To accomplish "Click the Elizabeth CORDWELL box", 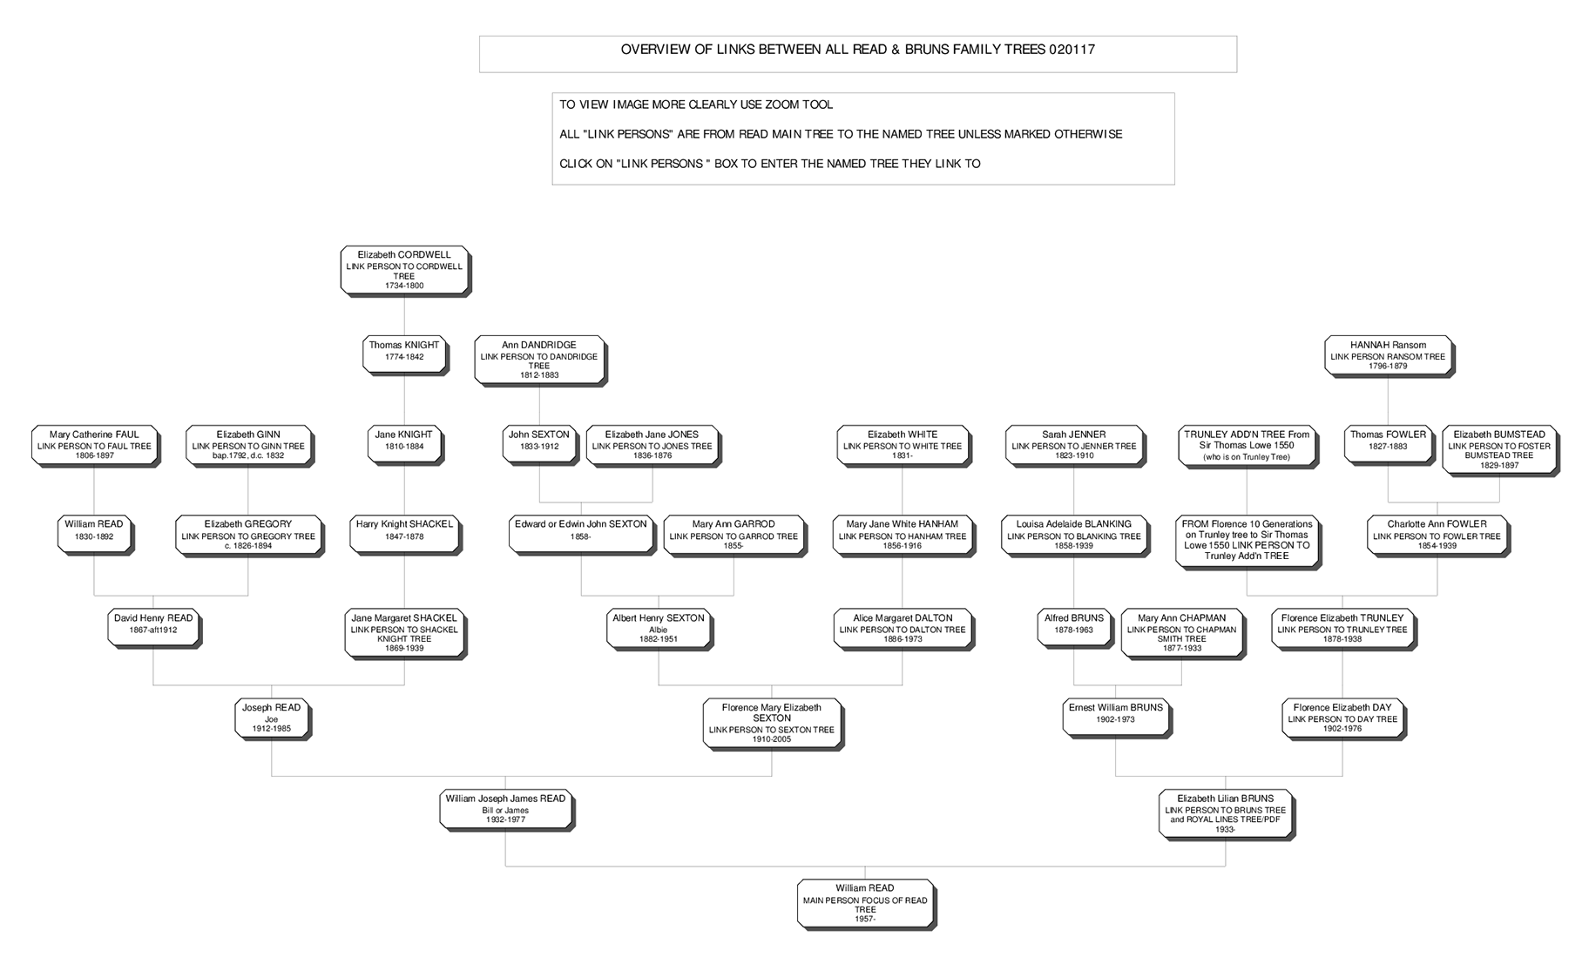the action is pyautogui.click(x=404, y=270).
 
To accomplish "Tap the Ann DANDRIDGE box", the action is pyautogui.click(x=539, y=360).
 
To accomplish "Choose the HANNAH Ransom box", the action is pyautogui.click(x=1388, y=355).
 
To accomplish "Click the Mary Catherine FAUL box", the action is pyautogui.click(x=94, y=445).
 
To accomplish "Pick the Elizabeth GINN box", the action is pyautogui.click(x=248, y=445).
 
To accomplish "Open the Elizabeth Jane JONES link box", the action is pyautogui.click(x=652, y=445).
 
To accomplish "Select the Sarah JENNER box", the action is pyautogui.click(x=1073, y=445).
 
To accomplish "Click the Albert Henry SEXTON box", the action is pyautogui.click(x=659, y=628).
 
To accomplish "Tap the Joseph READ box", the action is pyautogui.click(x=272, y=718).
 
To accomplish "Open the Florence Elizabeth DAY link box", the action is pyautogui.click(x=1342, y=718).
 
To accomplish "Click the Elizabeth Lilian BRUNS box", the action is pyautogui.click(x=1226, y=813).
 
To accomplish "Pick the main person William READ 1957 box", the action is pyautogui.click(x=865, y=904).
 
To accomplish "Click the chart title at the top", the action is pyautogui.click(x=857, y=50).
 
